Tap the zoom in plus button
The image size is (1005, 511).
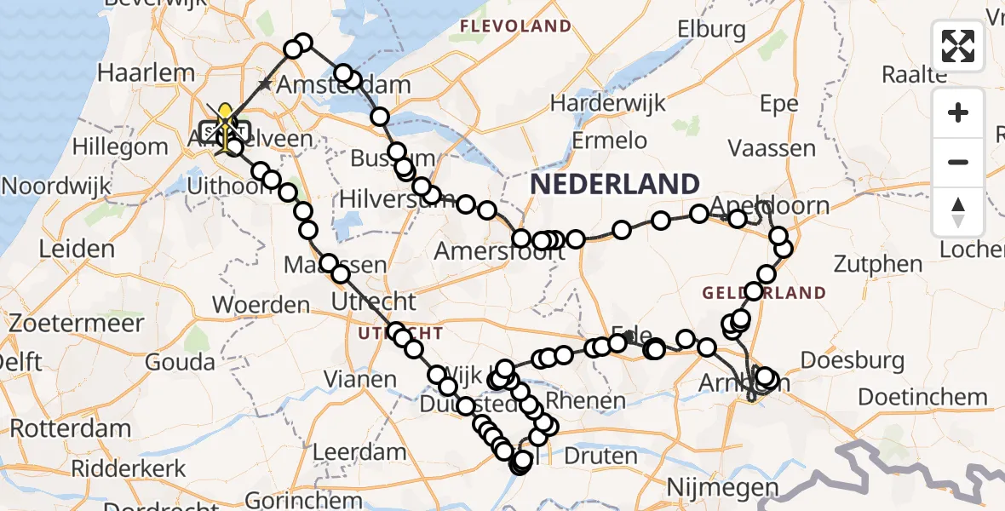click(958, 112)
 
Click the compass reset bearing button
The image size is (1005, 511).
click(958, 212)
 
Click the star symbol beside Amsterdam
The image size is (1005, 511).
click(266, 84)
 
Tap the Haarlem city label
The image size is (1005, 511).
click(146, 72)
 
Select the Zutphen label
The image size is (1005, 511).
click(879, 263)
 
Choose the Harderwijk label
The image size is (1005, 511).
click(606, 103)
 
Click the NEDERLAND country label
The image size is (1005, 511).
click(615, 183)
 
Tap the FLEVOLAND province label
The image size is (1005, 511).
click(515, 26)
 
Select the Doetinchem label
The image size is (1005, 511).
click(922, 397)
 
